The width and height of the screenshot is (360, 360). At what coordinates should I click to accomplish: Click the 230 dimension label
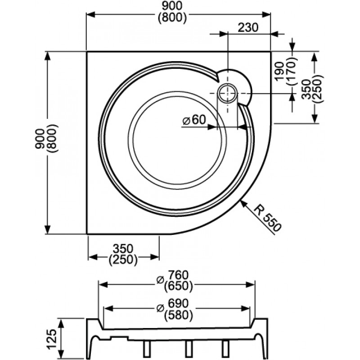point(248,27)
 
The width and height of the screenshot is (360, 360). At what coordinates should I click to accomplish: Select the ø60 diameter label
point(194,120)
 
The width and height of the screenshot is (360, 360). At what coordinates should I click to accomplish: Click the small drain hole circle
point(228,94)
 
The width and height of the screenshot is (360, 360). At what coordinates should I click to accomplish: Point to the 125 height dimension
point(51,337)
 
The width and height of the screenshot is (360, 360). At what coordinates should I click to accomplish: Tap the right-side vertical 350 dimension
point(306,88)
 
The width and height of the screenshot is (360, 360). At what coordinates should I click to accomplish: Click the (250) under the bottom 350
point(123,259)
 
